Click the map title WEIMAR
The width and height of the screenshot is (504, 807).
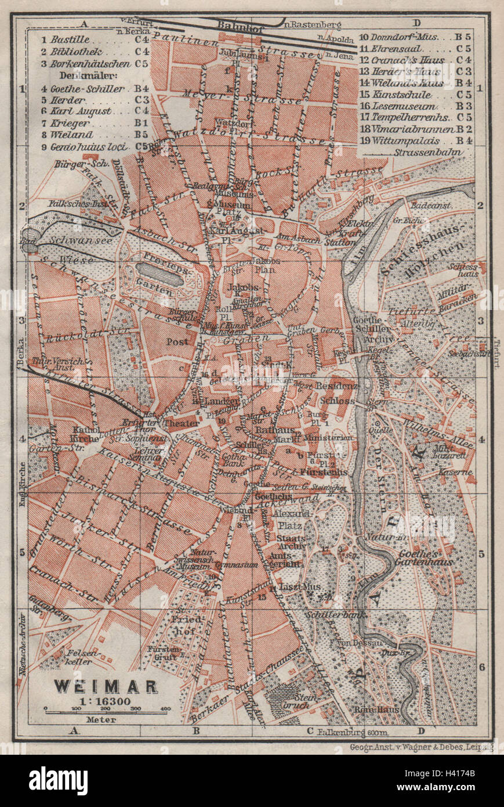[x=106, y=686]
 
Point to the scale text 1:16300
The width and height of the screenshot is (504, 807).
[x=106, y=700]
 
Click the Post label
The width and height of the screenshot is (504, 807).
[x=177, y=342]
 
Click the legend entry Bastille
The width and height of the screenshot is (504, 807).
[x=70, y=39]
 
